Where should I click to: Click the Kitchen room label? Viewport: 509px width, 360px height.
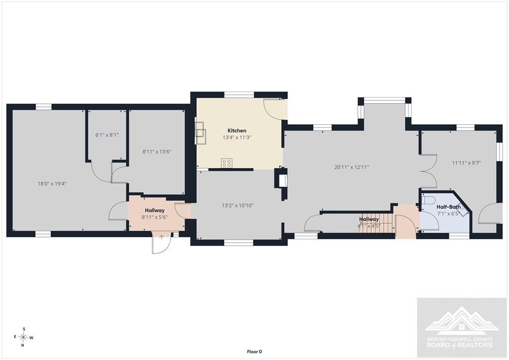tap(237, 130)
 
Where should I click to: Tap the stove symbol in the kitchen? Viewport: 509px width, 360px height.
tap(227, 163)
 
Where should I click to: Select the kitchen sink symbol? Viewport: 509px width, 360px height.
tap(200, 133)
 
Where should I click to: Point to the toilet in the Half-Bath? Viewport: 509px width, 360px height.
tap(428, 200)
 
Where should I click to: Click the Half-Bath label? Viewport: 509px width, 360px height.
tap(448, 207)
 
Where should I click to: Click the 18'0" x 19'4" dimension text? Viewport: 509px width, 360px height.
tap(52, 184)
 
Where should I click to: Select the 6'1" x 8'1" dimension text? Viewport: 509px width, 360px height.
tap(107, 135)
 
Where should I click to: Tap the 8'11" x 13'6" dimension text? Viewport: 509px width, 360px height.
tap(157, 152)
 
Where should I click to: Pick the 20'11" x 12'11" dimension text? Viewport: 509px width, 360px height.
tap(351, 168)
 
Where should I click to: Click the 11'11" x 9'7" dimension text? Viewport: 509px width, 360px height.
tap(466, 163)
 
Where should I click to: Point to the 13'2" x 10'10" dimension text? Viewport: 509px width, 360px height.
tap(238, 205)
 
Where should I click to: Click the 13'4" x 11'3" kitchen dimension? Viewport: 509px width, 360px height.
tap(237, 137)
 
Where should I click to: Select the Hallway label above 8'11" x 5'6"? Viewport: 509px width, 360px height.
tap(155, 210)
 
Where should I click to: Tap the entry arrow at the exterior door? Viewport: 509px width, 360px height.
tap(162, 237)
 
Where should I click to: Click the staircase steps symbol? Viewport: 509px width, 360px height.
tap(377, 223)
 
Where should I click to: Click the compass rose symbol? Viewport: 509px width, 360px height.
tap(24, 337)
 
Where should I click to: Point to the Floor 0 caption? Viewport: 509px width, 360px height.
tap(254, 352)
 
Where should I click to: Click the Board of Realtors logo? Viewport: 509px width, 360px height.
tap(461, 328)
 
